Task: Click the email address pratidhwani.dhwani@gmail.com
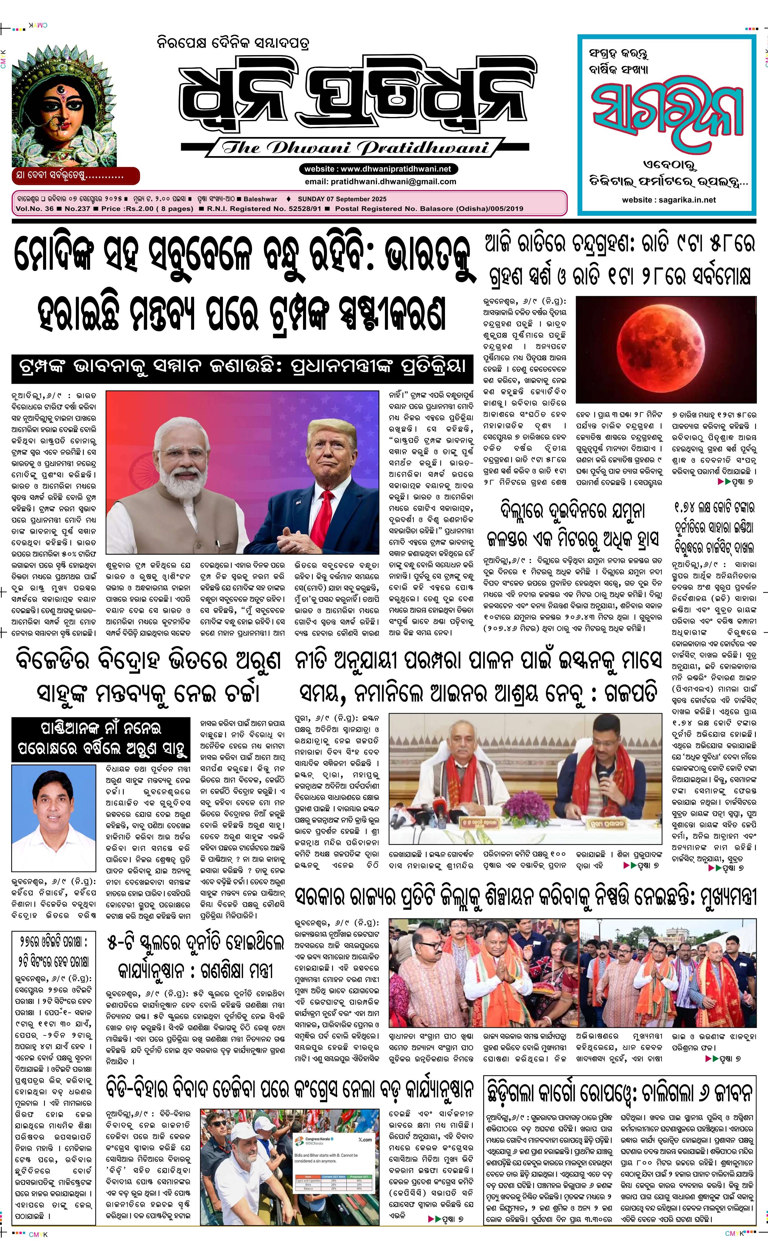pyautogui.click(x=380, y=182)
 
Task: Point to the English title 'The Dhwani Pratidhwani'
pyautogui.click(x=355, y=148)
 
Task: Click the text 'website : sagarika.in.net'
pyautogui.click(x=669, y=200)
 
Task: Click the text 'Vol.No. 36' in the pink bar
pyautogui.click(x=35, y=209)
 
